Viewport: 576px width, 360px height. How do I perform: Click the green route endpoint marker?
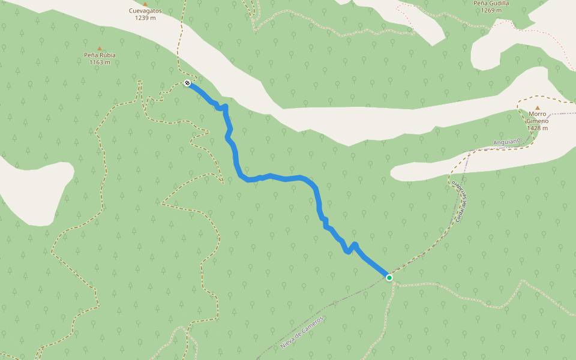(x=389, y=277)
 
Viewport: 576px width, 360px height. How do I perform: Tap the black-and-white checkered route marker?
(x=187, y=83)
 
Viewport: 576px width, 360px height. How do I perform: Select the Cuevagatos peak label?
(x=145, y=11)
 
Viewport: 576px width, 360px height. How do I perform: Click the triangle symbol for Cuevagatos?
(x=145, y=4)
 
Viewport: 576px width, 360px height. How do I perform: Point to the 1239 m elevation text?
(x=145, y=18)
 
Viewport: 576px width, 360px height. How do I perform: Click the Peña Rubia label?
(x=100, y=55)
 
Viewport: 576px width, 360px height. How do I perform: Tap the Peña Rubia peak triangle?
(x=100, y=49)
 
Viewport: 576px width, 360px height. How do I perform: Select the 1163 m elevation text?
(x=100, y=62)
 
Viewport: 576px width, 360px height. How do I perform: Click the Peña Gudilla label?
(x=491, y=3)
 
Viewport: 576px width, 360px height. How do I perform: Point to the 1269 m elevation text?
(x=491, y=10)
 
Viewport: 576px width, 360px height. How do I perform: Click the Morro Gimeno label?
(x=538, y=117)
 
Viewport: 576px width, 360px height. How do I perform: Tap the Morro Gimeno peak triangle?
(x=538, y=108)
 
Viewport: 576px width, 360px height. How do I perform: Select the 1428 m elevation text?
(x=538, y=128)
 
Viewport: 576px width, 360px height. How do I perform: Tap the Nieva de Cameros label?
(x=302, y=332)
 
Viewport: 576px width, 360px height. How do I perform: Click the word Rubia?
(x=107, y=55)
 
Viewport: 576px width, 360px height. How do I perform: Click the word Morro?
(x=538, y=113)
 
